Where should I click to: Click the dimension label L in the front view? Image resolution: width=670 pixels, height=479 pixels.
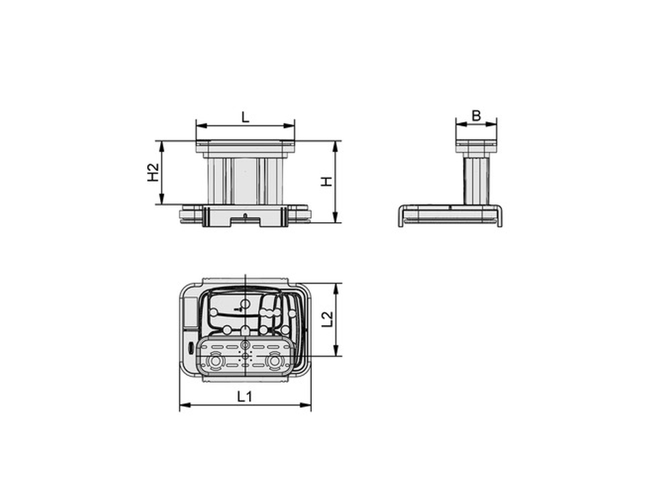tap(245, 117)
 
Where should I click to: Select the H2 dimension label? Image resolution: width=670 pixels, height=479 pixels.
tap(153, 172)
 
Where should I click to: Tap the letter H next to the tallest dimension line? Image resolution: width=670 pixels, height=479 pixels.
tap(326, 182)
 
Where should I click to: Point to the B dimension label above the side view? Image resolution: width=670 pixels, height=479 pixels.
tap(476, 115)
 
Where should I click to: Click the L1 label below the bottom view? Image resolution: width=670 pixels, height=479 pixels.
tap(244, 397)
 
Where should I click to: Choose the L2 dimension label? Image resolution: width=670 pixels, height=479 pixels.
tap(327, 319)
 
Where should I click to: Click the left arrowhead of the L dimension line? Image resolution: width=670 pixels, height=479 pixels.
tap(202, 126)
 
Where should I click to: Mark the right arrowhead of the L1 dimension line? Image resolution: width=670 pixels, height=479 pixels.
tap(306, 405)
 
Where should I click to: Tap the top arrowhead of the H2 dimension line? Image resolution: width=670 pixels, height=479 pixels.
tap(161, 146)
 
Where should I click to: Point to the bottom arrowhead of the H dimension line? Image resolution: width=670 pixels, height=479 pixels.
tap(336, 217)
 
